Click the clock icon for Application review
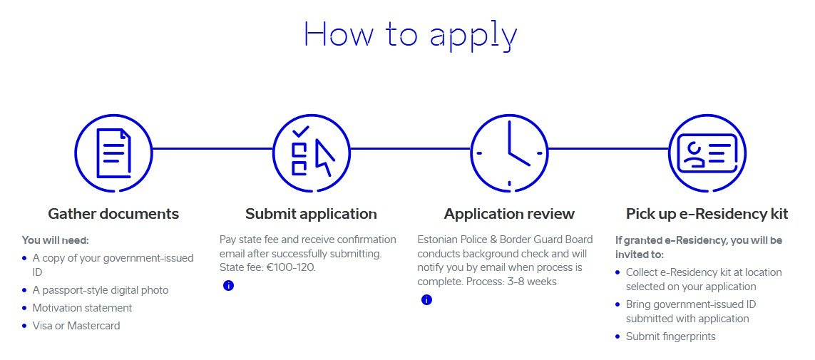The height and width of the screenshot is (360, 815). tap(509, 153)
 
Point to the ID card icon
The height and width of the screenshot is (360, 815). tap(707, 153)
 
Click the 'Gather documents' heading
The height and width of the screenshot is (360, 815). tap(113, 214)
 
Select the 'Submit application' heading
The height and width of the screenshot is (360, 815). tap(312, 214)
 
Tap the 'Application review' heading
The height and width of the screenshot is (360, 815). tap(509, 214)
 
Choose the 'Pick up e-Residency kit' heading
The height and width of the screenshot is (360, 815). tap(707, 214)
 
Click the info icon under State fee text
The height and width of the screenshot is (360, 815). tap(228, 285)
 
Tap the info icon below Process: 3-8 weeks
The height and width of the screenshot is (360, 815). tap(426, 299)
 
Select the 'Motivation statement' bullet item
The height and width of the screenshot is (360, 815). tap(82, 308)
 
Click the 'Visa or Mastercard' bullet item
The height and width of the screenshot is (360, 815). tap(76, 326)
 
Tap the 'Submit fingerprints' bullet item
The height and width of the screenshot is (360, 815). tap(670, 336)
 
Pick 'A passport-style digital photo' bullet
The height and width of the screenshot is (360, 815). tap(101, 290)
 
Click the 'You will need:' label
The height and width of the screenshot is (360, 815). tap(56, 240)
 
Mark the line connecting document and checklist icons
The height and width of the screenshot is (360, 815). tap(212, 149)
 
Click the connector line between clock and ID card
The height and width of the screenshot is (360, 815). tap(608, 149)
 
